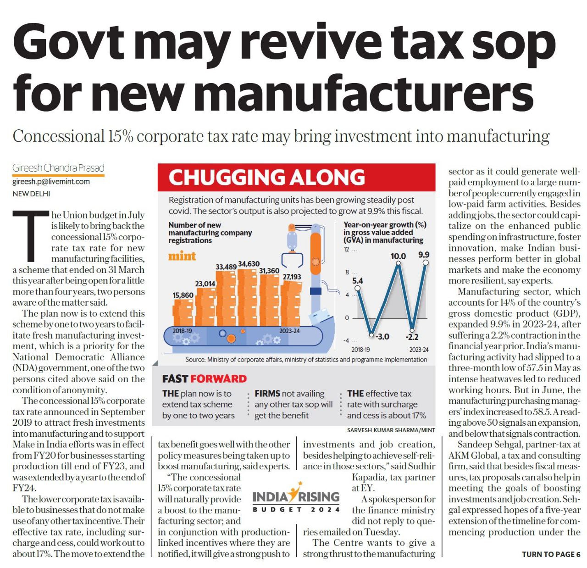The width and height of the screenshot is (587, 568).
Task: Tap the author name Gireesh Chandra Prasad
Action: click(x=58, y=168)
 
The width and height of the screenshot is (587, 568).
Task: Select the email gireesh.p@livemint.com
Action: click(x=51, y=181)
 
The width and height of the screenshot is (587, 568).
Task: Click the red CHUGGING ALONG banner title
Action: click(x=266, y=178)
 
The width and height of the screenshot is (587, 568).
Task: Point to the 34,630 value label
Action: click(x=249, y=264)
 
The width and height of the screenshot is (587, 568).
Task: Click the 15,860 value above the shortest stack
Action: click(x=183, y=295)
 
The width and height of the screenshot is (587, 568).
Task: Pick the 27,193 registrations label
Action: click(x=292, y=277)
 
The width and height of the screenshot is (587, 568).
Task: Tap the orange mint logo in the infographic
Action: click(x=182, y=256)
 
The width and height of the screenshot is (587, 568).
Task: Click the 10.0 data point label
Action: click(x=398, y=256)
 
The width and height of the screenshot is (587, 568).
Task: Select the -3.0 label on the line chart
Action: click(x=382, y=336)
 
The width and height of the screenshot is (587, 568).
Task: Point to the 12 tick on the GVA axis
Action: click(x=347, y=250)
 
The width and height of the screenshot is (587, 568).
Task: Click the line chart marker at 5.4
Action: click(x=358, y=288)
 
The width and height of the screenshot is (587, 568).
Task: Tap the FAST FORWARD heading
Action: click(x=204, y=379)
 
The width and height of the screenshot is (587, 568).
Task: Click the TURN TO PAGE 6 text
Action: click(x=551, y=554)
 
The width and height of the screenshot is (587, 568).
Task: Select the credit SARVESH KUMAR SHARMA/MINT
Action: click(x=391, y=430)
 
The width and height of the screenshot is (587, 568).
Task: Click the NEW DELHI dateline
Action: click(x=31, y=194)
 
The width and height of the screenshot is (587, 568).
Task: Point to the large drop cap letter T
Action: click(x=31, y=235)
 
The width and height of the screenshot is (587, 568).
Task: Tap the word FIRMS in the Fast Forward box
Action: click(x=267, y=394)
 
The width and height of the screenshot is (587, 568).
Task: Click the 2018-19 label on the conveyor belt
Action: click(x=182, y=331)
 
